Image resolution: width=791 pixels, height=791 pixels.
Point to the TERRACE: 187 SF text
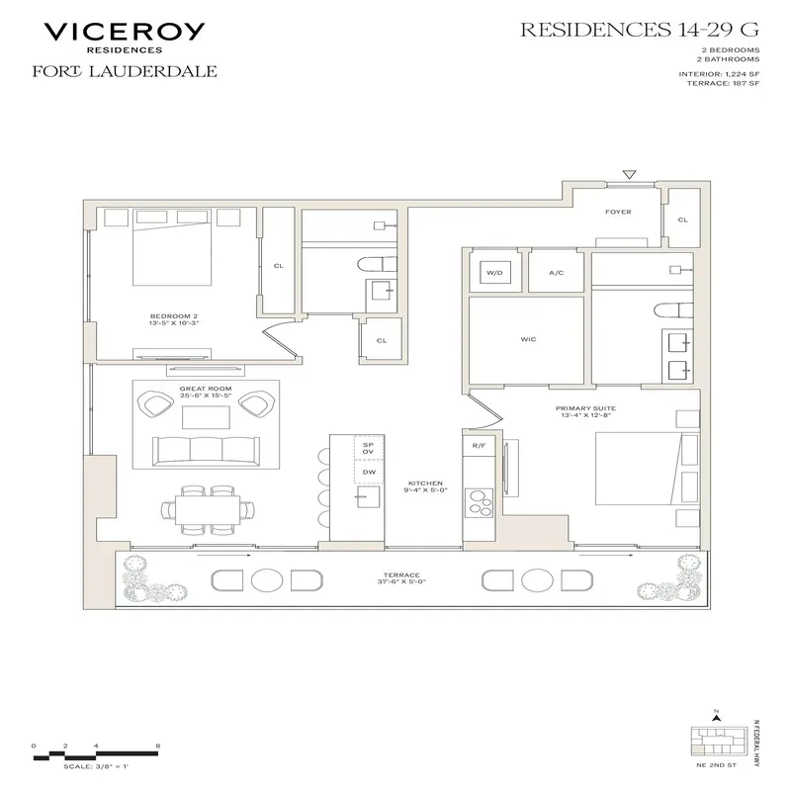pos(724,84)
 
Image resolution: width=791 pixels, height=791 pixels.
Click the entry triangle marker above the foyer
pos(629,175)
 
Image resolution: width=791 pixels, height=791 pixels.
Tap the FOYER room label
pos(618,212)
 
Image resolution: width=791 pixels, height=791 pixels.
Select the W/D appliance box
pos(493,273)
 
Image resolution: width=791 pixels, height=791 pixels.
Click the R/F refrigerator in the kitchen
pos(479,446)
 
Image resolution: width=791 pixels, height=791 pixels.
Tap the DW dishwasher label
pos(368,473)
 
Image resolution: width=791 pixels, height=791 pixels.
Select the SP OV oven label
pos(368,450)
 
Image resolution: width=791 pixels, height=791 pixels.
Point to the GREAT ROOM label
pos(205,389)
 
